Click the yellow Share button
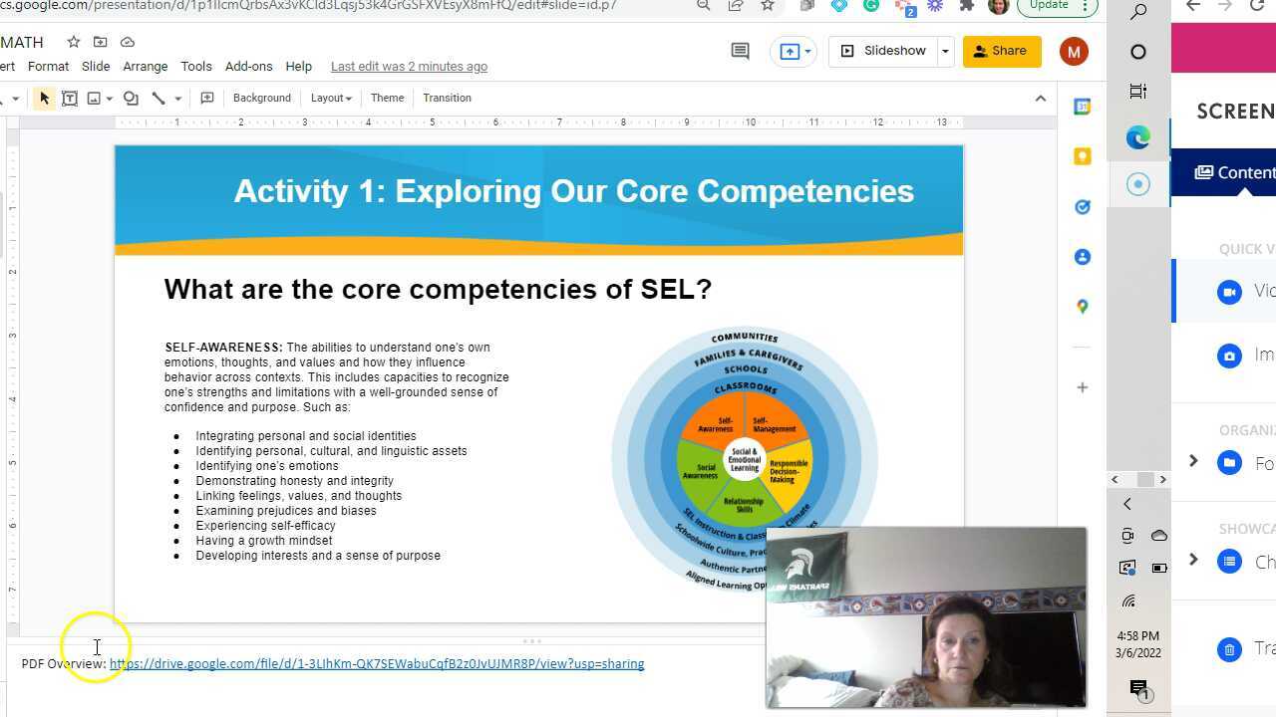tap(1001, 51)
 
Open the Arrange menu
tap(145, 67)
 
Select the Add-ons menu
tap(248, 67)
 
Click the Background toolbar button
tap(261, 98)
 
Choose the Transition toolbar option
tap(447, 98)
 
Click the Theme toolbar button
tap(387, 98)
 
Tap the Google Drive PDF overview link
tap(377, 664)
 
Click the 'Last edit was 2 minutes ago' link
tap(409, 67)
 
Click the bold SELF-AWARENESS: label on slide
tap(223, 348)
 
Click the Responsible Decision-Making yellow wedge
tap(789, 471)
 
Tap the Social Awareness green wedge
tap(703, 471)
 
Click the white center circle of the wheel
tap(745, 459)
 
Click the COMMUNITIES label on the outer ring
tap(745, 338)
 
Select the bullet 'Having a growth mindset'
tap(263, 541)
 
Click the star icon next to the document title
tap(73, 42)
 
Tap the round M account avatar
tap(1074, 52)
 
